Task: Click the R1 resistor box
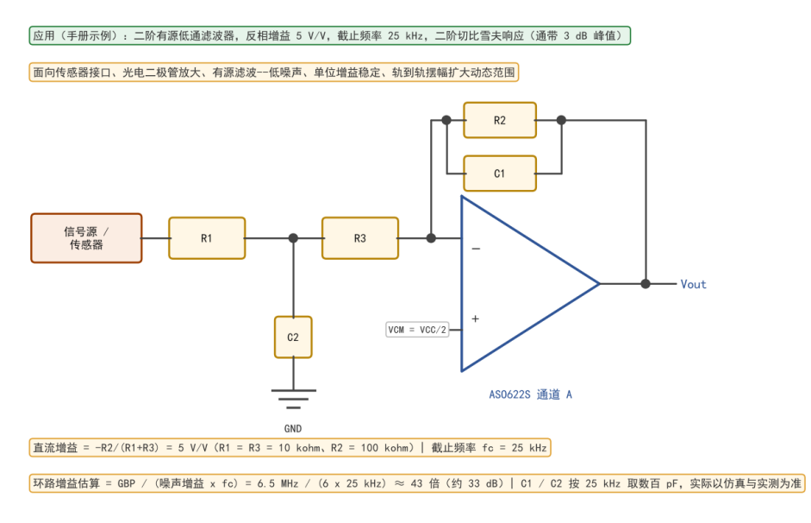(207, 238)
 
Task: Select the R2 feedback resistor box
(500, 120)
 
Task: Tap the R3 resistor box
(360, 238)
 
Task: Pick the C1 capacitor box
(500, 173)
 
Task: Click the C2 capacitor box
(293, 337)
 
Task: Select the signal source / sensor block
(86, 238)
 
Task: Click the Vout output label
(693, 284)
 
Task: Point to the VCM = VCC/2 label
(417, 330)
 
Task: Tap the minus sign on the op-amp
(476, 249)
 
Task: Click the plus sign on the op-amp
(476, 319)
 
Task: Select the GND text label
(293, 429)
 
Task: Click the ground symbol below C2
(293, 400)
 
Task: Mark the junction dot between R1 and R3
(293, 238)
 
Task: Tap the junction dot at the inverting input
(431, 238)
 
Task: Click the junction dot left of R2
(446, 120)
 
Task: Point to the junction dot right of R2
(561, 120)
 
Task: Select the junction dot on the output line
(646, 284)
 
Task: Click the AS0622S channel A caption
(531, 394)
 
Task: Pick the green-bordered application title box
(330, 35)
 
